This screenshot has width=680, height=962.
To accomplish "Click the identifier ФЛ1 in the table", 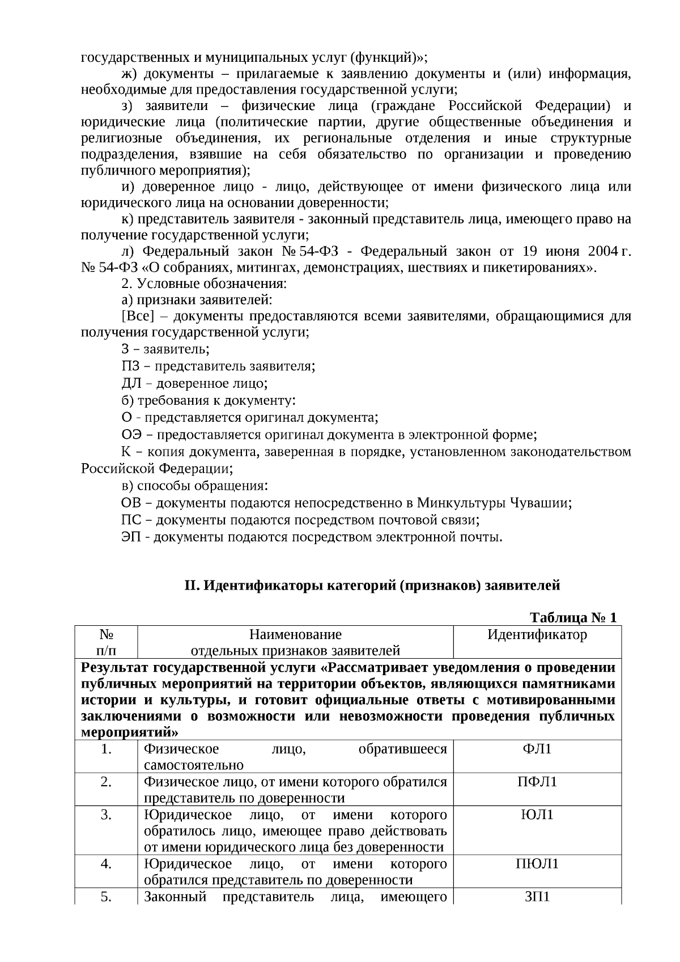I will tap(537, 749).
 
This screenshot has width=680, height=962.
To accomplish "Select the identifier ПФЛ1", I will tap(537, 782).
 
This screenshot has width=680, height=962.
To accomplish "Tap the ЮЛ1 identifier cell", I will tap(537, 815).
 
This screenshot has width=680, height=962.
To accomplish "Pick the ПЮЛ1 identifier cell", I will tap(537, 864).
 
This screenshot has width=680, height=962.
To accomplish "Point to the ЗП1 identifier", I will tap(537, 897).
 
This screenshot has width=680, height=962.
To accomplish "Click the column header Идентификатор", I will tap(537, 635).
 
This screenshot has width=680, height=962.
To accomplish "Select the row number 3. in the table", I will tap(106, 815).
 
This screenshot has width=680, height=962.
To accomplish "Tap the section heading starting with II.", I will tap(372, 586).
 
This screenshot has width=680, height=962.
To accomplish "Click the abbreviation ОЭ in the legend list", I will tap(132, 435).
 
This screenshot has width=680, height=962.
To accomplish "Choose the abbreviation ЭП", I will tap(131, 537).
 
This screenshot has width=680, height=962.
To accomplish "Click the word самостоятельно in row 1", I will tap(193, 766).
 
